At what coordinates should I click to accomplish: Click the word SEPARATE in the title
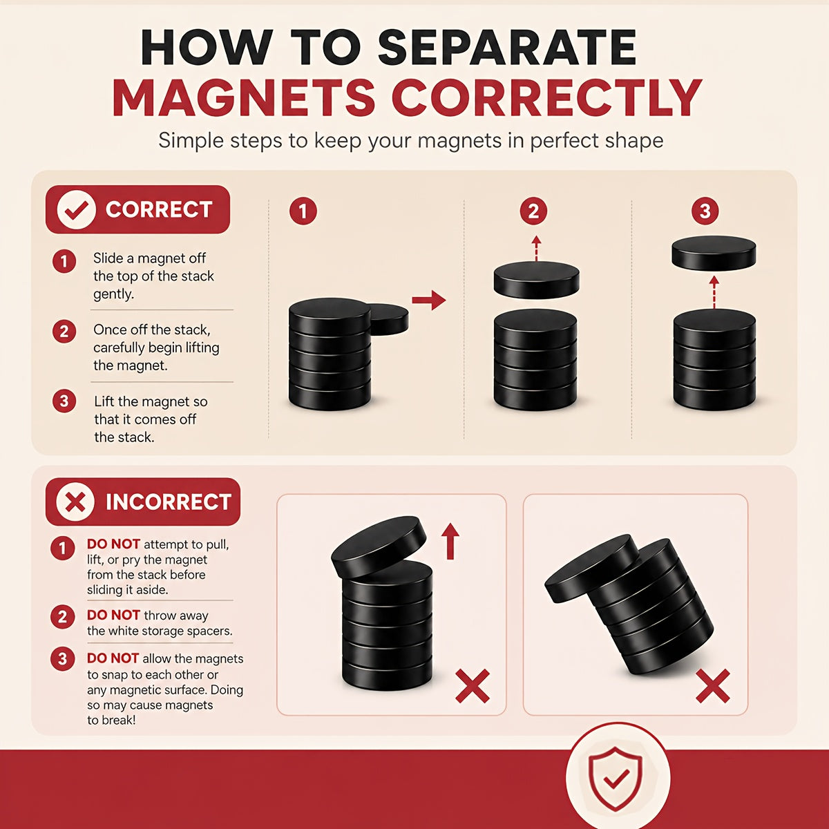tap(507, 48)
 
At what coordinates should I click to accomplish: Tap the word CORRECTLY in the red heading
tap(546, 97)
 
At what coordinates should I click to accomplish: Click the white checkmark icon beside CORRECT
tap(76, 209)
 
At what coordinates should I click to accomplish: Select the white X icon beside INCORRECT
tap(75, 502)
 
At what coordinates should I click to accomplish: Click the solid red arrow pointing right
tap(428, 300)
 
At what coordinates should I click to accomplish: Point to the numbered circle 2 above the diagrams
tap(533, 211)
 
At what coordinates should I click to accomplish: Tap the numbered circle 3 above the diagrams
tap(705, 211)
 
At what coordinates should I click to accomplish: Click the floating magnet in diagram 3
tap(714, 253)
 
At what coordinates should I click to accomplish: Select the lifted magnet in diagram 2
tap(536, 280)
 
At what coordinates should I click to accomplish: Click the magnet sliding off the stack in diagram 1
tap(390, 319)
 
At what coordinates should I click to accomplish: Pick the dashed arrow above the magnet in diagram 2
tap(536, 248)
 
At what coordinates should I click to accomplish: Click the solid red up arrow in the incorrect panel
tap(450, 541)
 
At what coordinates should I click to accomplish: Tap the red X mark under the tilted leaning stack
tap(713, 686)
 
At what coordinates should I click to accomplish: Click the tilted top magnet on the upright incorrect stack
tap(379, 547)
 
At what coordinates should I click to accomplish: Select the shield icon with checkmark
tap(616, 779)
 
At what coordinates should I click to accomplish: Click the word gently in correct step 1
tap(113, 294)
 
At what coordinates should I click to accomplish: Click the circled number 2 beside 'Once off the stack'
tap(64, 332)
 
